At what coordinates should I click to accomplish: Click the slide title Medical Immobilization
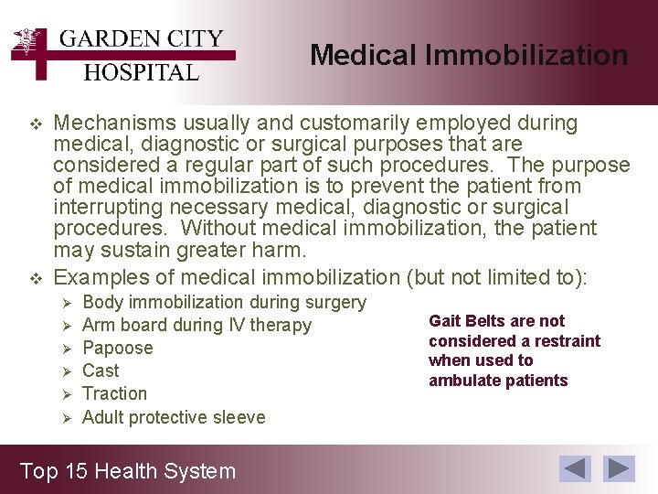point(468,56)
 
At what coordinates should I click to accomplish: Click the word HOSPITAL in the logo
point(141,72)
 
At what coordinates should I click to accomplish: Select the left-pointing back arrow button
point(576,468)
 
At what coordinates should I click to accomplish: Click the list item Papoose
point(117,348)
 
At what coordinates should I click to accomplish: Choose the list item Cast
point(101,370)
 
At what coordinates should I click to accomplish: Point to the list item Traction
point(114,393)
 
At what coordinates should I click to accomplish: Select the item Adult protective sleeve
point(174,417)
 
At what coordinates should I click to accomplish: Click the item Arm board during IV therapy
point(196,325)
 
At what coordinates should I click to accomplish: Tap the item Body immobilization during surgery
point(224,302)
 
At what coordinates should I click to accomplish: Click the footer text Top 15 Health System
point(128,471)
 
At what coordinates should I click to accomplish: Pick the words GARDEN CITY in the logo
point(141,39)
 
